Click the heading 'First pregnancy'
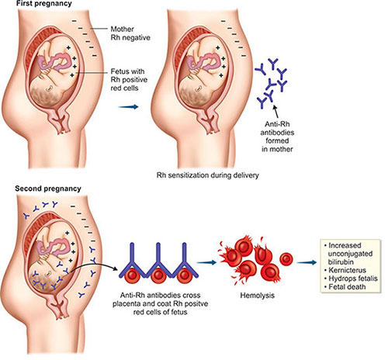click(x=43, y=4)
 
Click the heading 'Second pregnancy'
click(x=48, y=189)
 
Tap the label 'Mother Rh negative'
click(x=130, y=33)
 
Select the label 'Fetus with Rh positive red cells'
click(x=129, y=79)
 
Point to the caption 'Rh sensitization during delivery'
click(x=207, y=175)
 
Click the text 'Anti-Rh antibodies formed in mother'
click(x=277, y=137)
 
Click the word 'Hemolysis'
click(x=257, y=295)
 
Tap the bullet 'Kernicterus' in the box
click(x=345, y=270)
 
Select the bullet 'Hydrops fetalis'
click(x=351, y=279)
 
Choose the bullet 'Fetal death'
click(x=345, y=287)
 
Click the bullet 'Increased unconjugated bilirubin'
click(x=348, y=254)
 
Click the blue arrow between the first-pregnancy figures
click(x=129, y=107)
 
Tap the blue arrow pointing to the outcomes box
click(x=307, y=262)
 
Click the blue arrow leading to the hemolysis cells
click(x=206, y=262)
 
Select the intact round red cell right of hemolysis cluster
click(x=286, y=258)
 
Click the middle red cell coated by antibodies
click(x=158, y=275)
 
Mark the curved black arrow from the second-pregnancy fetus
click(x=94, y=265)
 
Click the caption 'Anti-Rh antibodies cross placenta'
click(x=160, y=299)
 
